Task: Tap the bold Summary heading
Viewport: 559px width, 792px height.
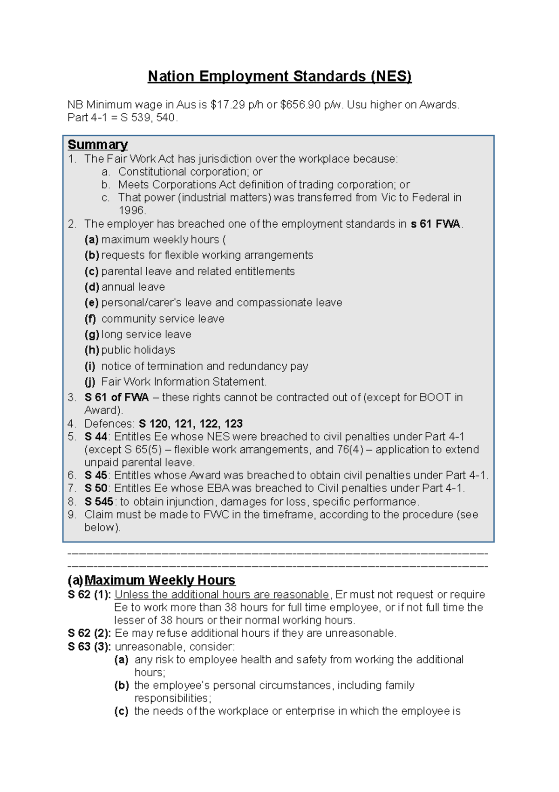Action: coord(97,145)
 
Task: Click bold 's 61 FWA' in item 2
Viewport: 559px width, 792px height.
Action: coord(435,224)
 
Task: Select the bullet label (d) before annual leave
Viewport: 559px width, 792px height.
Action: coord(91,287)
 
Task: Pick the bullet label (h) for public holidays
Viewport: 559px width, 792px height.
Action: coord(91,350)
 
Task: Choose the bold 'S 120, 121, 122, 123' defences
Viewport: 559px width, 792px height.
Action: coord(191,424)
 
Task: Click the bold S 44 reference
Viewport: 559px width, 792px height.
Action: coord(96,437)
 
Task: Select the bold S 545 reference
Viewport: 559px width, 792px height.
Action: coord(99,502)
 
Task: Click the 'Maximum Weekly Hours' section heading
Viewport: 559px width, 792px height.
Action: coord(159,580)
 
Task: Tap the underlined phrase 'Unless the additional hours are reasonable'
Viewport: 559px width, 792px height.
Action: coord(222,595)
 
